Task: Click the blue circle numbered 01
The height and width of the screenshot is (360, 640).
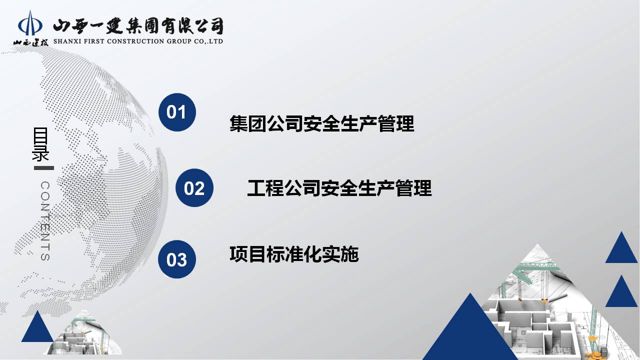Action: [x=177, y=112]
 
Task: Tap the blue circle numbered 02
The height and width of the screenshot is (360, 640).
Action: [x=194, y=187]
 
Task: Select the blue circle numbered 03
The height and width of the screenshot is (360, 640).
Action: [x=177, y=259]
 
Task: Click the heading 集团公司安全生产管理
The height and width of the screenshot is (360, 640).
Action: [x=321, y=123]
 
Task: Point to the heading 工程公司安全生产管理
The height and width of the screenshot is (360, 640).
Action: [x=339, y=188]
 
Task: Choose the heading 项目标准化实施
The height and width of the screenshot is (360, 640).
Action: [x=294, y=254]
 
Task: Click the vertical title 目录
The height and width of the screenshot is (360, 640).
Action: [x=40, y=144]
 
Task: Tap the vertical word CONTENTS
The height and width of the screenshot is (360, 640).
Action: [x=45, y=221]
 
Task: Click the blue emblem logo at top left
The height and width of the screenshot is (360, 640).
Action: [x=30, y=23]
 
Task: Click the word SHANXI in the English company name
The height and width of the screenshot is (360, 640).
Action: [x=67, y=41]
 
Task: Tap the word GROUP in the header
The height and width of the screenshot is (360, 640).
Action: [x=179, y=41]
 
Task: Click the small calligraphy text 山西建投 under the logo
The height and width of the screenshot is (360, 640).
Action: [x=30, y=43]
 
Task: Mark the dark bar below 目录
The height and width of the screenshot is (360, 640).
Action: [x=44, y=168]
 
